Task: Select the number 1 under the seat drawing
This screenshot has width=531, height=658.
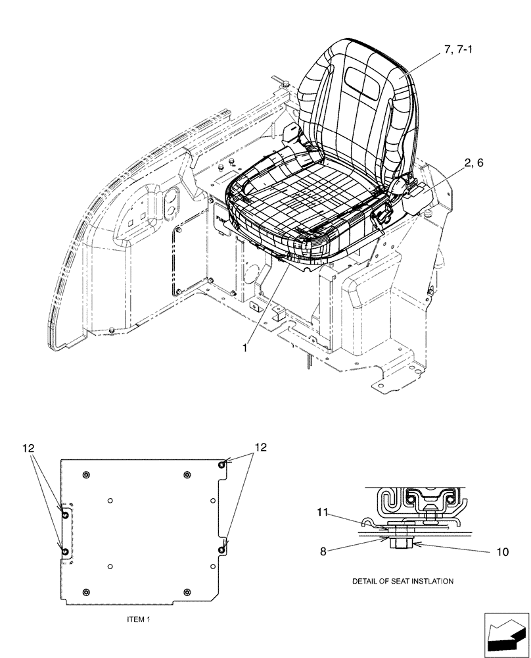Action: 244,347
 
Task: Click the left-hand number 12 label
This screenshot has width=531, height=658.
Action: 27,448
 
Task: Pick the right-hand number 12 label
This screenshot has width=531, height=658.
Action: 261,447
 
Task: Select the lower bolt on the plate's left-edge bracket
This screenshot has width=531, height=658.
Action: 65,550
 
